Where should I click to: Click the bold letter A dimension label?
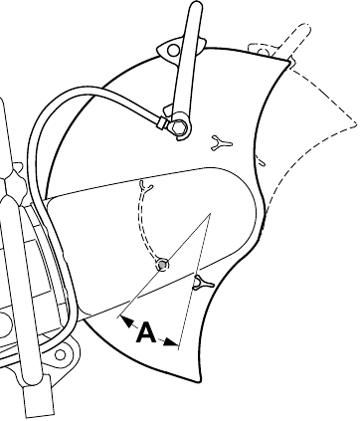point(146,332)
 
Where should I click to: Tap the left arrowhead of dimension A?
point(127,321)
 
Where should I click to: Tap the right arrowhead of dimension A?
point(170,342)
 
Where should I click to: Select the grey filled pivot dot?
point(162,265)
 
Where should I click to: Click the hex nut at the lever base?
point(179,126)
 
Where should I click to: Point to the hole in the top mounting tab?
point(173,51)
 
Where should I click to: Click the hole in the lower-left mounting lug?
point(60,355)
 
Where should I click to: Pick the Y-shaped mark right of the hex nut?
point(222,142)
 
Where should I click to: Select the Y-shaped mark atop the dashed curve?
point(146,186)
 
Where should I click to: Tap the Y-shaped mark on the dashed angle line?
point(203,283)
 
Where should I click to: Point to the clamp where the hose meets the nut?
point(162,123)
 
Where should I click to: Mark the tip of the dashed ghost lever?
point(305,27)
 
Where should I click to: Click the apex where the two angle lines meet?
point(210,214)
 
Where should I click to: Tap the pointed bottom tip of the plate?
point(199,382)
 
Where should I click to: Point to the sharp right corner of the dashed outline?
point(356,125)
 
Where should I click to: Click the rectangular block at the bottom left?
point(39,396)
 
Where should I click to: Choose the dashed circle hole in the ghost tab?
point(263,52)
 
